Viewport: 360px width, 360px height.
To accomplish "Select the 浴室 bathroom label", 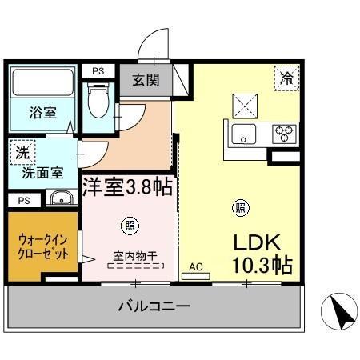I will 42,112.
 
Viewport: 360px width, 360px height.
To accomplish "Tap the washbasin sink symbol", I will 58,198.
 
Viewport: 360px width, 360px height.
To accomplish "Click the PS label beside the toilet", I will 98,71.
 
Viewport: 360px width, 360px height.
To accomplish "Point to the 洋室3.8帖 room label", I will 127,187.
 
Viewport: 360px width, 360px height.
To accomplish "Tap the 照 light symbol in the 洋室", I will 127,224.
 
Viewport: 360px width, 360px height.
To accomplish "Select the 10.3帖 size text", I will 262,265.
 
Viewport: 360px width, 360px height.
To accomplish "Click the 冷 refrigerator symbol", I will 285,78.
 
